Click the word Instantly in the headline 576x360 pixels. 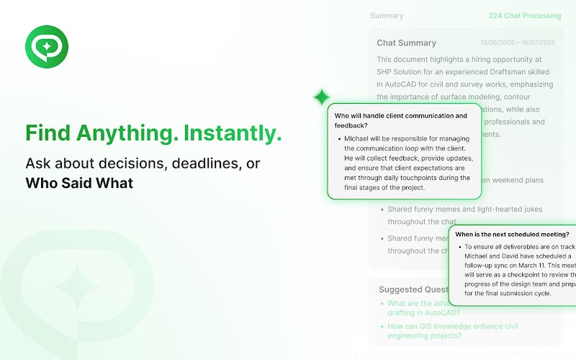click(232, 133)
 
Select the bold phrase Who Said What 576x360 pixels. click(79, 183)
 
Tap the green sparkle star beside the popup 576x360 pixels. click(321, 97)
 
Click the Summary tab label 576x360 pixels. click(387, 16)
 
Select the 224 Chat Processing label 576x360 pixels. click(524, 16)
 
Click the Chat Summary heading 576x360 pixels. click(406, 43)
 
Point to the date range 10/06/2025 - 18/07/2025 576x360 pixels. click(518, 43)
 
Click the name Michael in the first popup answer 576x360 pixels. click(362, 138)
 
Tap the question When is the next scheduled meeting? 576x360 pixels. click(512, 235)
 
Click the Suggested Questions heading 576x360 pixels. click(414, 289)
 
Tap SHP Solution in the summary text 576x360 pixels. click(408, 72)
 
